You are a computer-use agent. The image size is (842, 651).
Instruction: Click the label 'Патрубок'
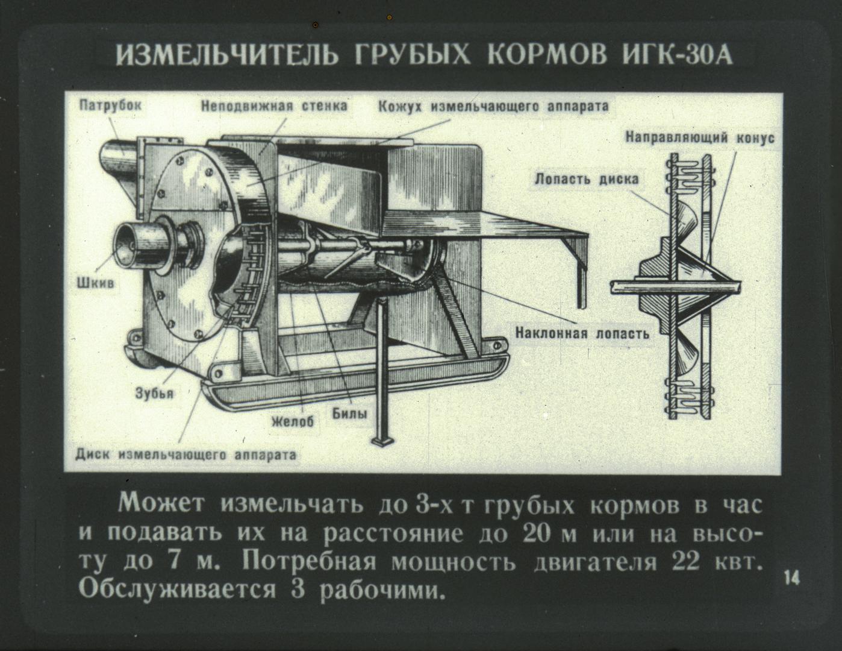(110, 105)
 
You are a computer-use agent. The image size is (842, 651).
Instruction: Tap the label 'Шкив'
(95, 283)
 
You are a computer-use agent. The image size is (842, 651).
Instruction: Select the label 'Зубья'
(154, 394)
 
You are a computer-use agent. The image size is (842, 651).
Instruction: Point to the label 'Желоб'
(293, 421)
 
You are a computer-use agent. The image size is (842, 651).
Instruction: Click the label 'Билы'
(349, 414)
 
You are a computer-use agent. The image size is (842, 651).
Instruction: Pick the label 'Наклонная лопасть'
(582, 333)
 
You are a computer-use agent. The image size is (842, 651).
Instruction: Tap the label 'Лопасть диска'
(587, 179)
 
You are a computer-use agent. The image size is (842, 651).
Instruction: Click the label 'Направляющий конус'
(700, 138)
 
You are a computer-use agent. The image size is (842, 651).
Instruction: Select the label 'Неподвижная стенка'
(274, 106)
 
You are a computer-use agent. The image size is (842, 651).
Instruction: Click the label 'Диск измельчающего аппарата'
(186, 454)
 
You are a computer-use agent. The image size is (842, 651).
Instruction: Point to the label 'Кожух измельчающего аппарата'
(493, 106)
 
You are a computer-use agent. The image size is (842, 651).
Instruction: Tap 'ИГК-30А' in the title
(678, 55)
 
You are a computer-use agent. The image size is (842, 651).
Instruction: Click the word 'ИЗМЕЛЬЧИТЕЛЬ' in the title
(227, 55)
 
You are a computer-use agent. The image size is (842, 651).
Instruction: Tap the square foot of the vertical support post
(382, 442)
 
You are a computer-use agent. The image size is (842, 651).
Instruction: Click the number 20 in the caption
(537, 534)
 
